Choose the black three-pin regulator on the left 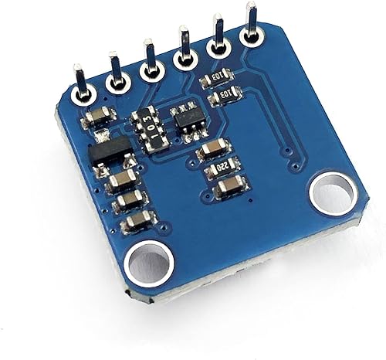107,151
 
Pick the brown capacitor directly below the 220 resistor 229,186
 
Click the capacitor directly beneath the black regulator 122,182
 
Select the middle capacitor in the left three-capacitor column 130,202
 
